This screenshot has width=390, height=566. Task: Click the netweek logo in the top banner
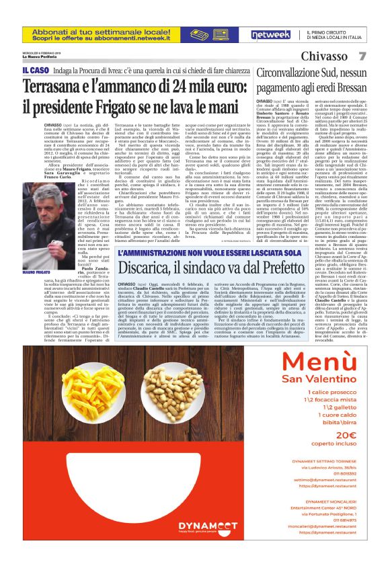(270, 34)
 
